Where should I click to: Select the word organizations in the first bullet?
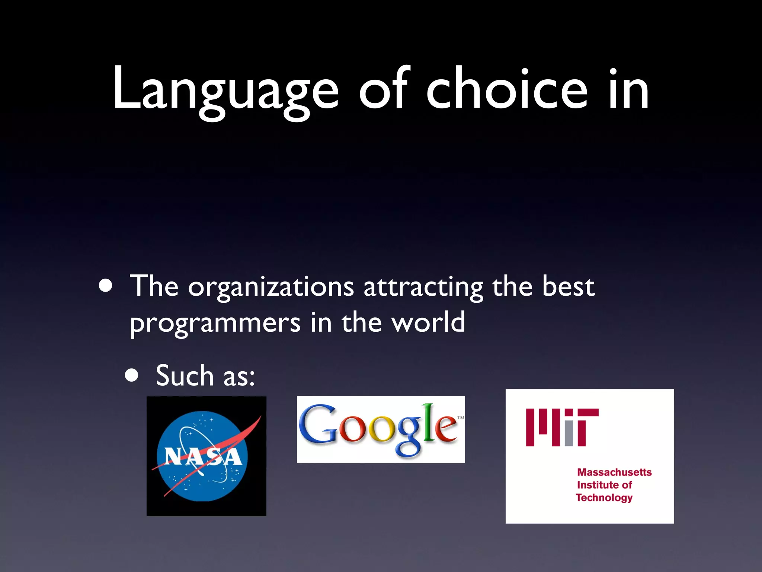click(271, 287)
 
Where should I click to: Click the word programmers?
click(215, 323)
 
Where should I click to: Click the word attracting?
click(423, 287)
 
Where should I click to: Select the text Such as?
click(205, 376)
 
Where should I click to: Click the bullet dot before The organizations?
click(106, 286)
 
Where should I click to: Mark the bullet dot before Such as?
click(132, 376)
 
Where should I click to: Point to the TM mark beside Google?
click(461, 418)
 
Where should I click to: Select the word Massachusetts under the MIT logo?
click(614, 472)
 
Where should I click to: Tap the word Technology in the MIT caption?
click(604, 498)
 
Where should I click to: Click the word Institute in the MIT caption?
click(594, 485)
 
